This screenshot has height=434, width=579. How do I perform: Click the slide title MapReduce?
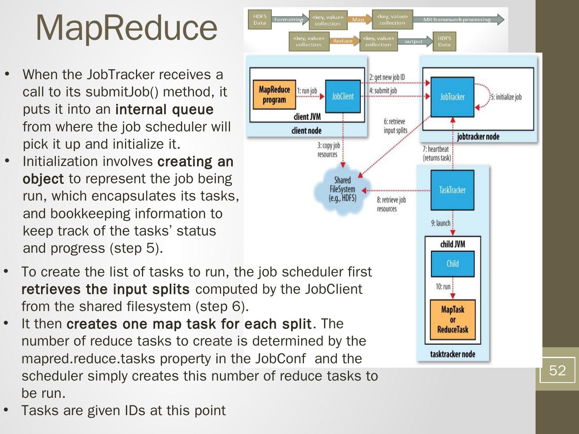(x=126, y=27)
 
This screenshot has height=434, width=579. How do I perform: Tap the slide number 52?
(x=557, y=370)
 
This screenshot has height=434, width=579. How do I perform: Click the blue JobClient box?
(x=343, y=96)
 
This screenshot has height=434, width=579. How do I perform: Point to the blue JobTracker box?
(x=452, y=97)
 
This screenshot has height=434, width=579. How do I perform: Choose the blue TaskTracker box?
(x=452, y=190)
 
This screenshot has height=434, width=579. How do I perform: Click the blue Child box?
(x=452, y=264)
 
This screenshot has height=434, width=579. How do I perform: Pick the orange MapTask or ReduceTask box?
(x=452, y=319)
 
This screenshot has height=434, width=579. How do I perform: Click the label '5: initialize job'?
(x=505, y=97)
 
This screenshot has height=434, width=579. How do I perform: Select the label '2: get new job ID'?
(x=387, y=77)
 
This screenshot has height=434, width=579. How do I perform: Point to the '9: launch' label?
(x=441, y=223)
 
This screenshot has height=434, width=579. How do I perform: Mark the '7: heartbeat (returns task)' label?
(x=436, y=154)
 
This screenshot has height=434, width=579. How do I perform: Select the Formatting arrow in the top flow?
(x=288, y=19)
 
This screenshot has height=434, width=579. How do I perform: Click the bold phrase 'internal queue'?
(x=164, y=109)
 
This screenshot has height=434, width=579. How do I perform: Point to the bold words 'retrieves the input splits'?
(x=105, y=289)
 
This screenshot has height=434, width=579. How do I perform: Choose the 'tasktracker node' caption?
(x=452, y=354)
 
